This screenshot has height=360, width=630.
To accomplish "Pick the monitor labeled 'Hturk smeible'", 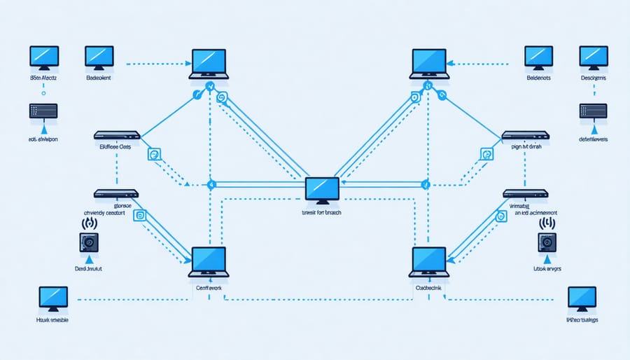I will [53, 298].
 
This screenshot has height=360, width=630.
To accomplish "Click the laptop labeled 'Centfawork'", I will [208, 261].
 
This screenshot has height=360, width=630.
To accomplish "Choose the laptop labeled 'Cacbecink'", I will [430, 261].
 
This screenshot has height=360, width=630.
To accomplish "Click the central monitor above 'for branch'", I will [323, 190].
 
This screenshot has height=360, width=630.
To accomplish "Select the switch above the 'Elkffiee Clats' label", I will [117, 134].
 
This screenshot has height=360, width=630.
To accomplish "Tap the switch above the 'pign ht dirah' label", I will [525, 134].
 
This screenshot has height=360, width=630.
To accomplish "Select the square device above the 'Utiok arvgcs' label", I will [547, 242].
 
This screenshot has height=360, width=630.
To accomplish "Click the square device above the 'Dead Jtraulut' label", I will [90, 242].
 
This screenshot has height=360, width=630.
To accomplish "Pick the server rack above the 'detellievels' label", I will [593, 110].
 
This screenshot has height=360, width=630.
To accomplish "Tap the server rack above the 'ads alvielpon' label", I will [42, 111].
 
